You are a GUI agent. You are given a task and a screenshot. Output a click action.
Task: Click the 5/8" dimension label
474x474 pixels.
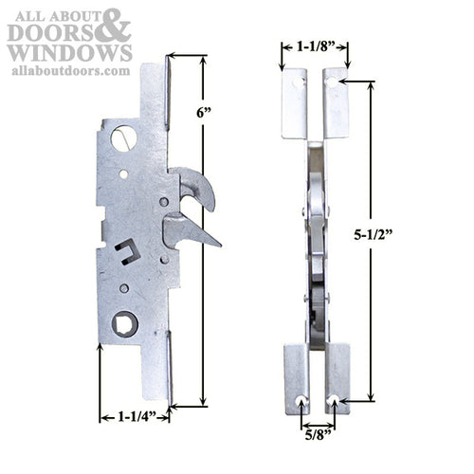[317, 440]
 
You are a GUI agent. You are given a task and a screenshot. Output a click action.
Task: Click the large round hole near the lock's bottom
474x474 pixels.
[124, 324]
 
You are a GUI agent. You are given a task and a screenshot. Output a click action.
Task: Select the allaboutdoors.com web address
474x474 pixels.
[71, 71]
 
